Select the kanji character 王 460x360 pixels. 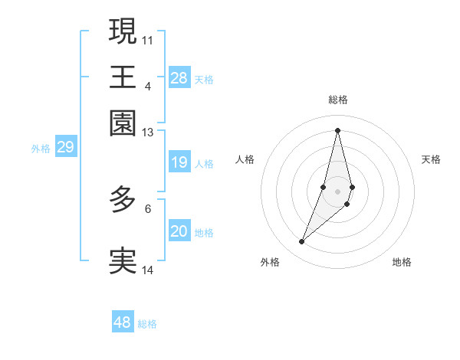[x=123, y=77]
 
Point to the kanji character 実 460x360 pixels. [x=123, y=260]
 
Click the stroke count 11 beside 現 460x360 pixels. [x=148, y=39]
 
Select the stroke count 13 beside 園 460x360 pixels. [x=148, y=133]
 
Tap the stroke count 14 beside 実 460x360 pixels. [x=148, y=270]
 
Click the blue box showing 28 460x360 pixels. [x=179, y=77]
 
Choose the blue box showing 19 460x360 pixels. [x=179, y=162]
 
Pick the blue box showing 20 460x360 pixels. [x=179, y=231]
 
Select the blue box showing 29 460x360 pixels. [x=66, y=147]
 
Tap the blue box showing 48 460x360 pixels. [x=123, y=322]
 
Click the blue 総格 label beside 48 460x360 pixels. [x=147, y=324]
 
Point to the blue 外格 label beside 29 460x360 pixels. [x=41, y=149]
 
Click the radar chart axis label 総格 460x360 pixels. [x=338, y=100]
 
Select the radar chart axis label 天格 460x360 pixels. [x=432, y=159]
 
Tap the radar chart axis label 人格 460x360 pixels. [x=245, y=159]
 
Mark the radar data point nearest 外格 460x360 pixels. [x=302, y=242]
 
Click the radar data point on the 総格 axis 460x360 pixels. [x=338, y=129]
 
